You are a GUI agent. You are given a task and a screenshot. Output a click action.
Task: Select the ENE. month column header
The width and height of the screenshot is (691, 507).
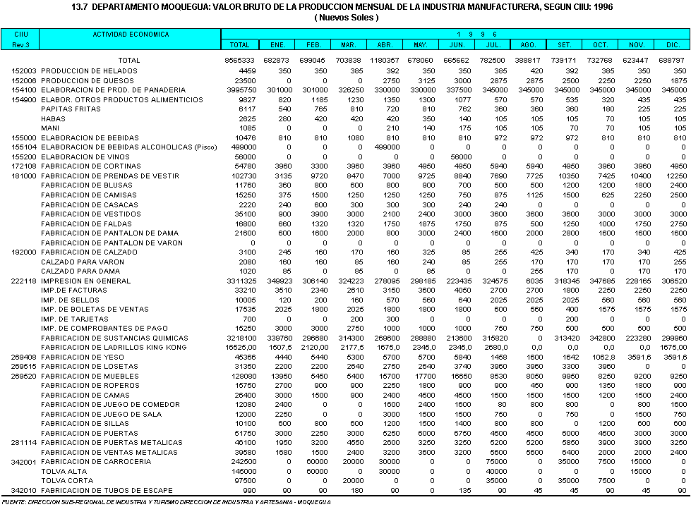click(277, 44)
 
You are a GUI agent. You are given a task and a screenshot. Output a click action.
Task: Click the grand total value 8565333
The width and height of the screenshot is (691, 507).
click(240, 61)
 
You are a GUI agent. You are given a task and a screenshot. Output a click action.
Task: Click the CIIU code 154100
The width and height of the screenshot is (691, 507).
click(24, 90)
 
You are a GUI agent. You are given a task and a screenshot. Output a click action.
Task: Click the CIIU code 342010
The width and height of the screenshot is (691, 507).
click(24, 490)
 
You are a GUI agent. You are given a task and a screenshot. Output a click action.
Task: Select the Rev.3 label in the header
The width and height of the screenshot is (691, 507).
click(19, 44)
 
